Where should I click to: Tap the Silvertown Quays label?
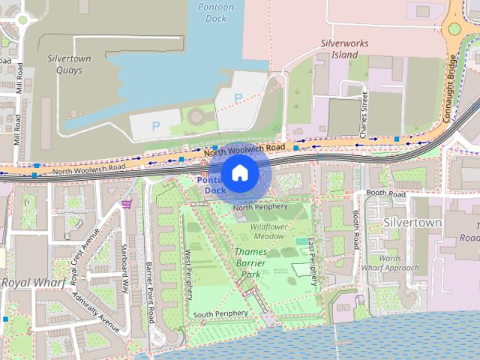point(69,63)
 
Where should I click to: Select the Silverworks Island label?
point(344,49)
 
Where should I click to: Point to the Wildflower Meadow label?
point(268,230)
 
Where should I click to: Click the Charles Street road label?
point(363,114)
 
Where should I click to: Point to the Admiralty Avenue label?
point(96,313)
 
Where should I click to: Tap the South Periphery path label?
point(220,313)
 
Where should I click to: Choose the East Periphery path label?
point(314,259)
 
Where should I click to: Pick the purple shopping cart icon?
point(127,202)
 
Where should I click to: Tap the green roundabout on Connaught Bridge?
point(454,30)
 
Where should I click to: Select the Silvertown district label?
point(412,223)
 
